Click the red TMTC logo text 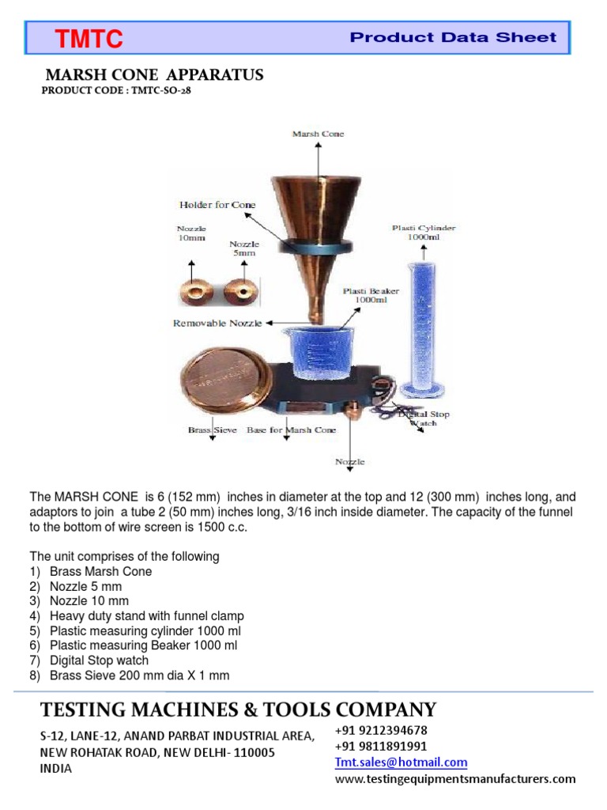tap(88, 38)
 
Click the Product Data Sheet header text tap(453, 37)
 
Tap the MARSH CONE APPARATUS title tap(154, 75)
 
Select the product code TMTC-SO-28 tap(116, 91)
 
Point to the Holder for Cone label tap(217, 205)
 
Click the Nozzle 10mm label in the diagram tap(190, 236)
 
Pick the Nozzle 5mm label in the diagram tap(243, 249)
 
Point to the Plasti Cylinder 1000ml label tap(424, 233)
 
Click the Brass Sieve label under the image tap(212, 430)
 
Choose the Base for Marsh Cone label tap(291, 430)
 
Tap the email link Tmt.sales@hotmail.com tap(401, 763)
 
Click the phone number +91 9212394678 tap(381, 730)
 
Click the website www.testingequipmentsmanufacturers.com tap(455, 779)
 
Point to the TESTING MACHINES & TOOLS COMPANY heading tap(238, 709)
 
